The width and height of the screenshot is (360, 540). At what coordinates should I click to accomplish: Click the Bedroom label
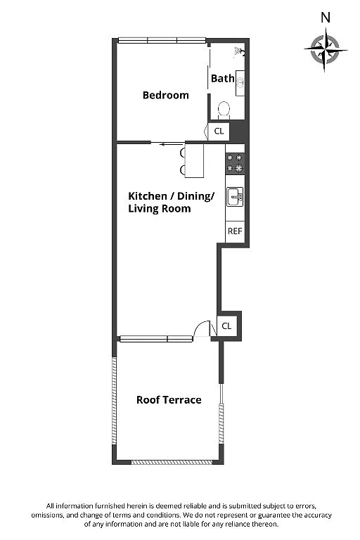166,95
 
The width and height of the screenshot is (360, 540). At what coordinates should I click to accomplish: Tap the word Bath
223,79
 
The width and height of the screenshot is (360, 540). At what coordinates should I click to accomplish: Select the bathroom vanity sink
240,83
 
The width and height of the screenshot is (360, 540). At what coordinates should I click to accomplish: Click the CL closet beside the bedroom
219,131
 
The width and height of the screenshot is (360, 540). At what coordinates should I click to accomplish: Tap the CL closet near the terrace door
226,326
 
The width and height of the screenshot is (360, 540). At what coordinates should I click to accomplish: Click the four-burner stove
235,163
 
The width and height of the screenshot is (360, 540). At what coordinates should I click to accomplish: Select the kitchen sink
235,197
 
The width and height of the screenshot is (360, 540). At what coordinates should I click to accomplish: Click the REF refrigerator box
235,231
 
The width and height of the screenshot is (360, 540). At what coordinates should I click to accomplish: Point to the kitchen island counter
194,161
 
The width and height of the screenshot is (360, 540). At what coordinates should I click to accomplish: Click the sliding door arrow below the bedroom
172,144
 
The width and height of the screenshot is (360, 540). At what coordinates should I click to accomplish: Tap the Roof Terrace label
169,400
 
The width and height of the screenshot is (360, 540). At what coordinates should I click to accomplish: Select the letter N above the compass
326,17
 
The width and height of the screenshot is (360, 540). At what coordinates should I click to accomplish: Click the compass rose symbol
326,49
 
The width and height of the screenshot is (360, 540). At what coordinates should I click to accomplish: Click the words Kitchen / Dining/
172,196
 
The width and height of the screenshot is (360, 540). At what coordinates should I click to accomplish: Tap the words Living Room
160,209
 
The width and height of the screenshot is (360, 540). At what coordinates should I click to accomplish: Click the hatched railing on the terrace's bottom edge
172,463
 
